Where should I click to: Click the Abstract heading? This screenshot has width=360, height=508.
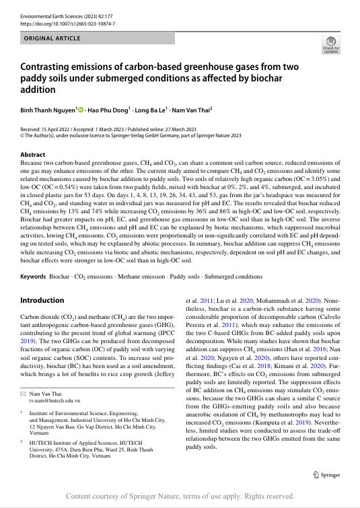coord(34,154)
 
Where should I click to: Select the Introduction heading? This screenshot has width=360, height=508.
coord(42,299)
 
